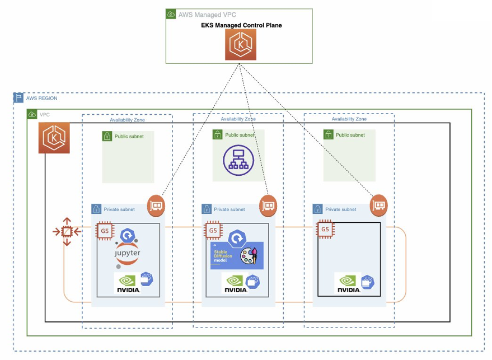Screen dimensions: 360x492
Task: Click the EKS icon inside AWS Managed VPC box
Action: click(241, 44)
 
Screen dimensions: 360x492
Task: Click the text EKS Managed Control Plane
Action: click(242, 25)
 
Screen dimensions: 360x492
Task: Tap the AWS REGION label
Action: click(41, 99)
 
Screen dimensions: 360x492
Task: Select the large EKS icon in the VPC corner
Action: click(54, 137)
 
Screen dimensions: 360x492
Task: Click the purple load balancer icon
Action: click(238, 158)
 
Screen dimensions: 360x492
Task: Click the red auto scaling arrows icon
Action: click(66, 231)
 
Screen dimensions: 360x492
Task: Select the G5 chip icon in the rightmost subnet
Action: click(325, 229)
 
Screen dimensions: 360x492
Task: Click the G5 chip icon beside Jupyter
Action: click(104, 230)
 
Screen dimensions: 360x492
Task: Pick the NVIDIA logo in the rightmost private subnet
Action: click(348, 283)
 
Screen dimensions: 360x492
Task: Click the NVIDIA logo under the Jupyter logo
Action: click(128, 283)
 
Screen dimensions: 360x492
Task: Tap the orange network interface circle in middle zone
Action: click(269, 205)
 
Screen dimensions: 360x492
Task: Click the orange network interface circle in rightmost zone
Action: click(379, 205)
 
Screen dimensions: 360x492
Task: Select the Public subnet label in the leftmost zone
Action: click(129, 136)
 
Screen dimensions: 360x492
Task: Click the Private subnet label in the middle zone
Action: click(229, 209)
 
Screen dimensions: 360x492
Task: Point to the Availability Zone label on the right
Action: click(349, 119)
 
